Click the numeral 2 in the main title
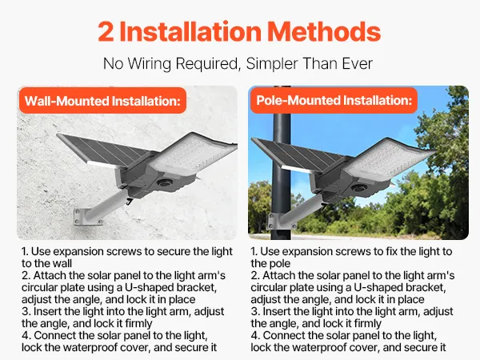(106, 31)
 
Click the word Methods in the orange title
(324, 31)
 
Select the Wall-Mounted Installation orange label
(103, 101)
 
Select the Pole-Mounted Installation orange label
(334, 100)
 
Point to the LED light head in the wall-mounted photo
(194, 154)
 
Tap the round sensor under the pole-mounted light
(359, 187)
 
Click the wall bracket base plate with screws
(87, 217)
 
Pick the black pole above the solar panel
(282, 114)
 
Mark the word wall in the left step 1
(62, 263)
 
